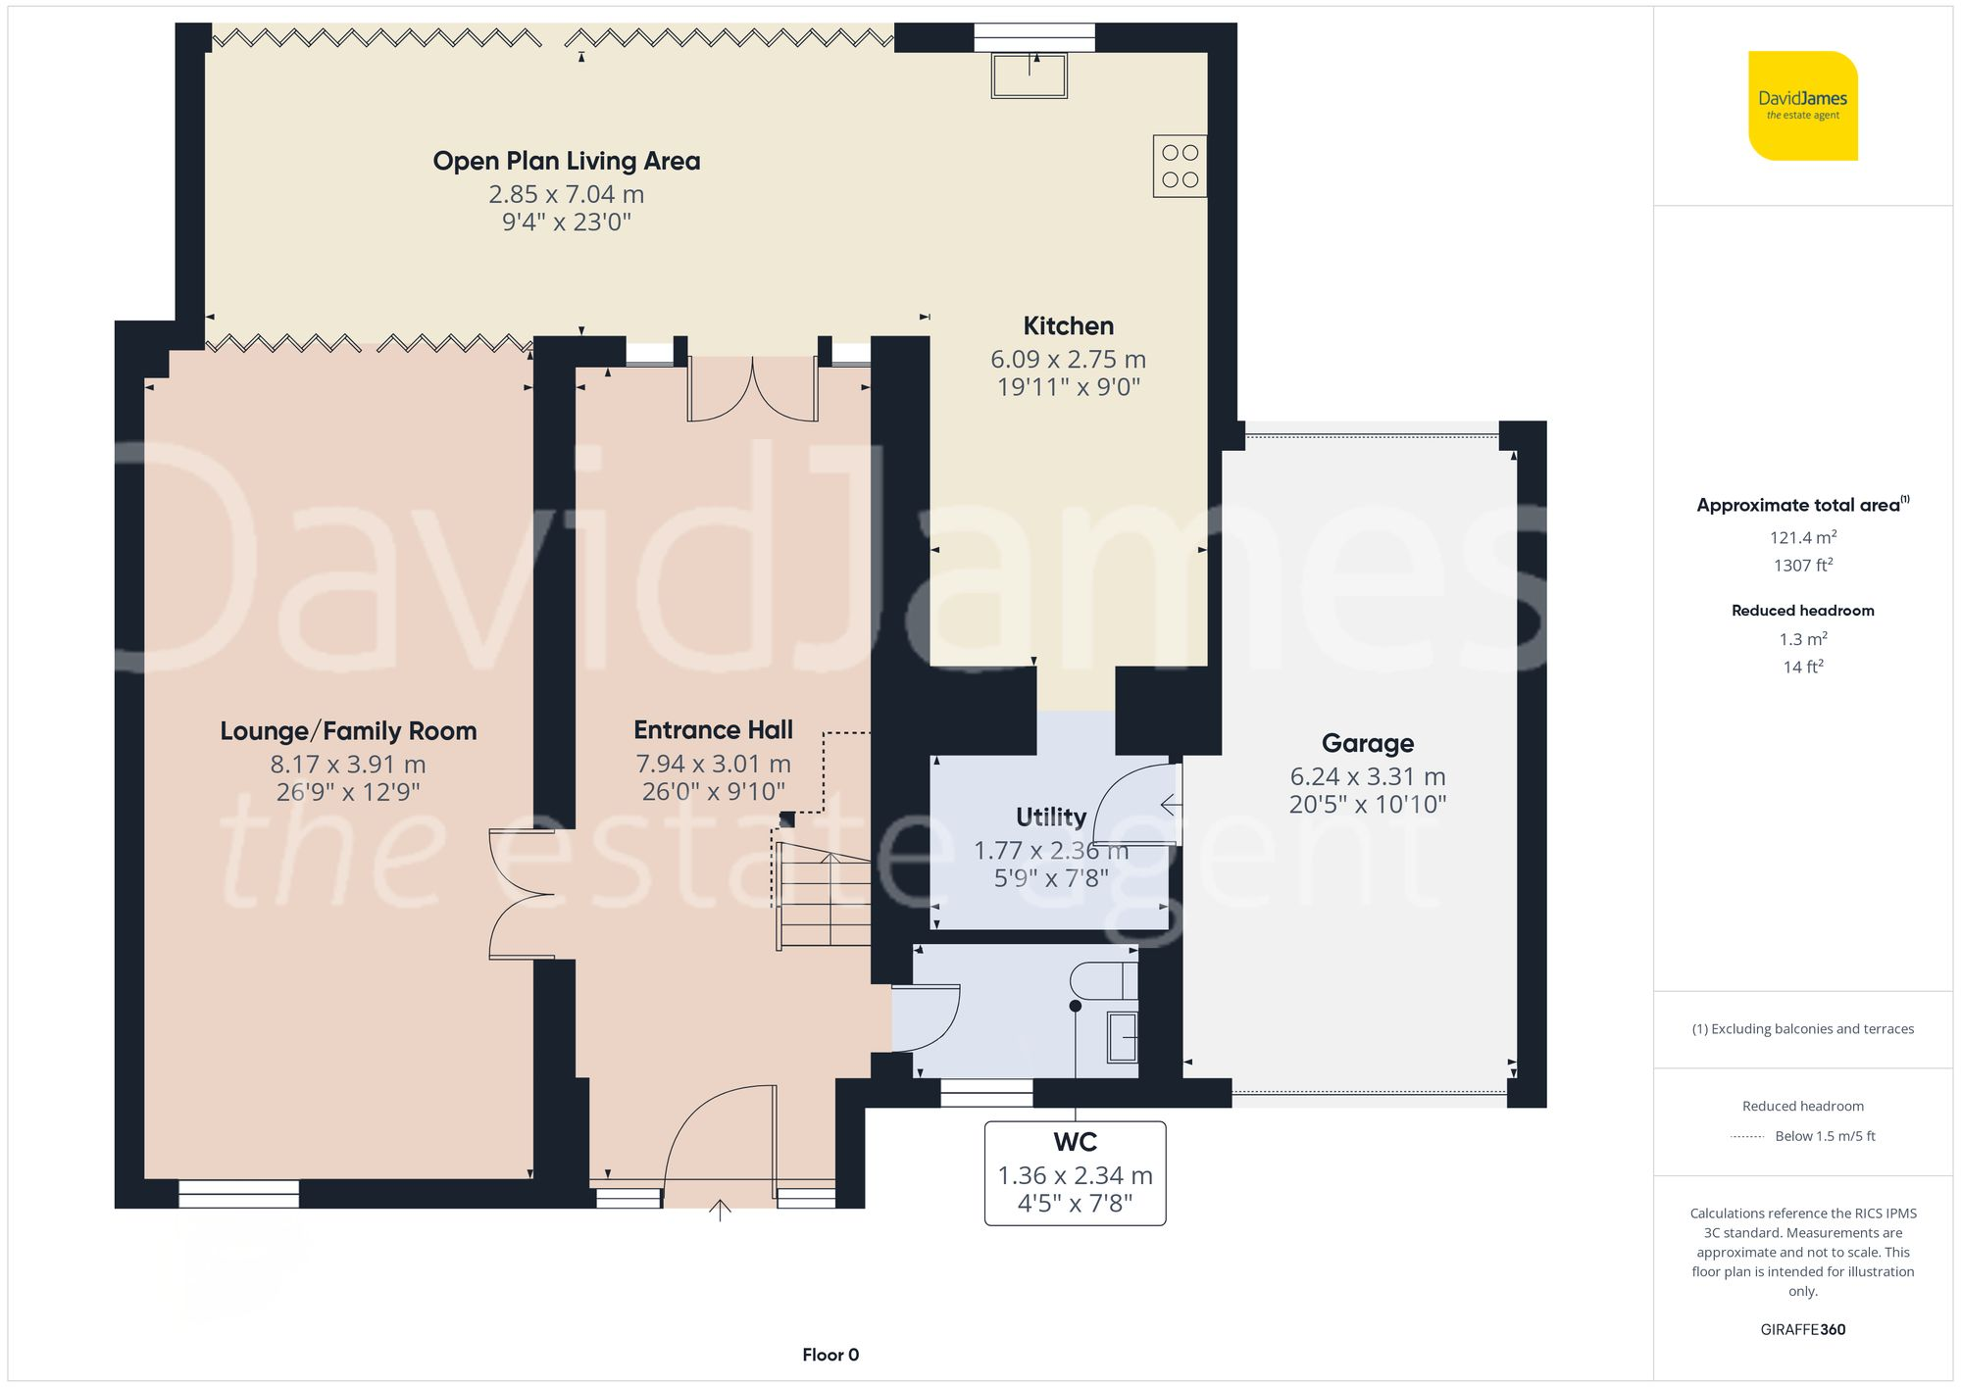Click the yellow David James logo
1802,106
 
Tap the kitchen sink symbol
1029,74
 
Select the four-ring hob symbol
1180,166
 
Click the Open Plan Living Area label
567,161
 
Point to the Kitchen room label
1068,325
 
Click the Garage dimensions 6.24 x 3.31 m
1367,776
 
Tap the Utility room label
1050,817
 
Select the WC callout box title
1075,1142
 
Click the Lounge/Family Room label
348,731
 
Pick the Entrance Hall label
713,730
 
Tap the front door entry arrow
720,1211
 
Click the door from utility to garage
1137,804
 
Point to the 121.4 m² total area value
1802,537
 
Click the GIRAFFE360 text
1802,1330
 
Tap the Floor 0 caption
830,1355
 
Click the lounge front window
238,1193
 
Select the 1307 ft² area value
1802,566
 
